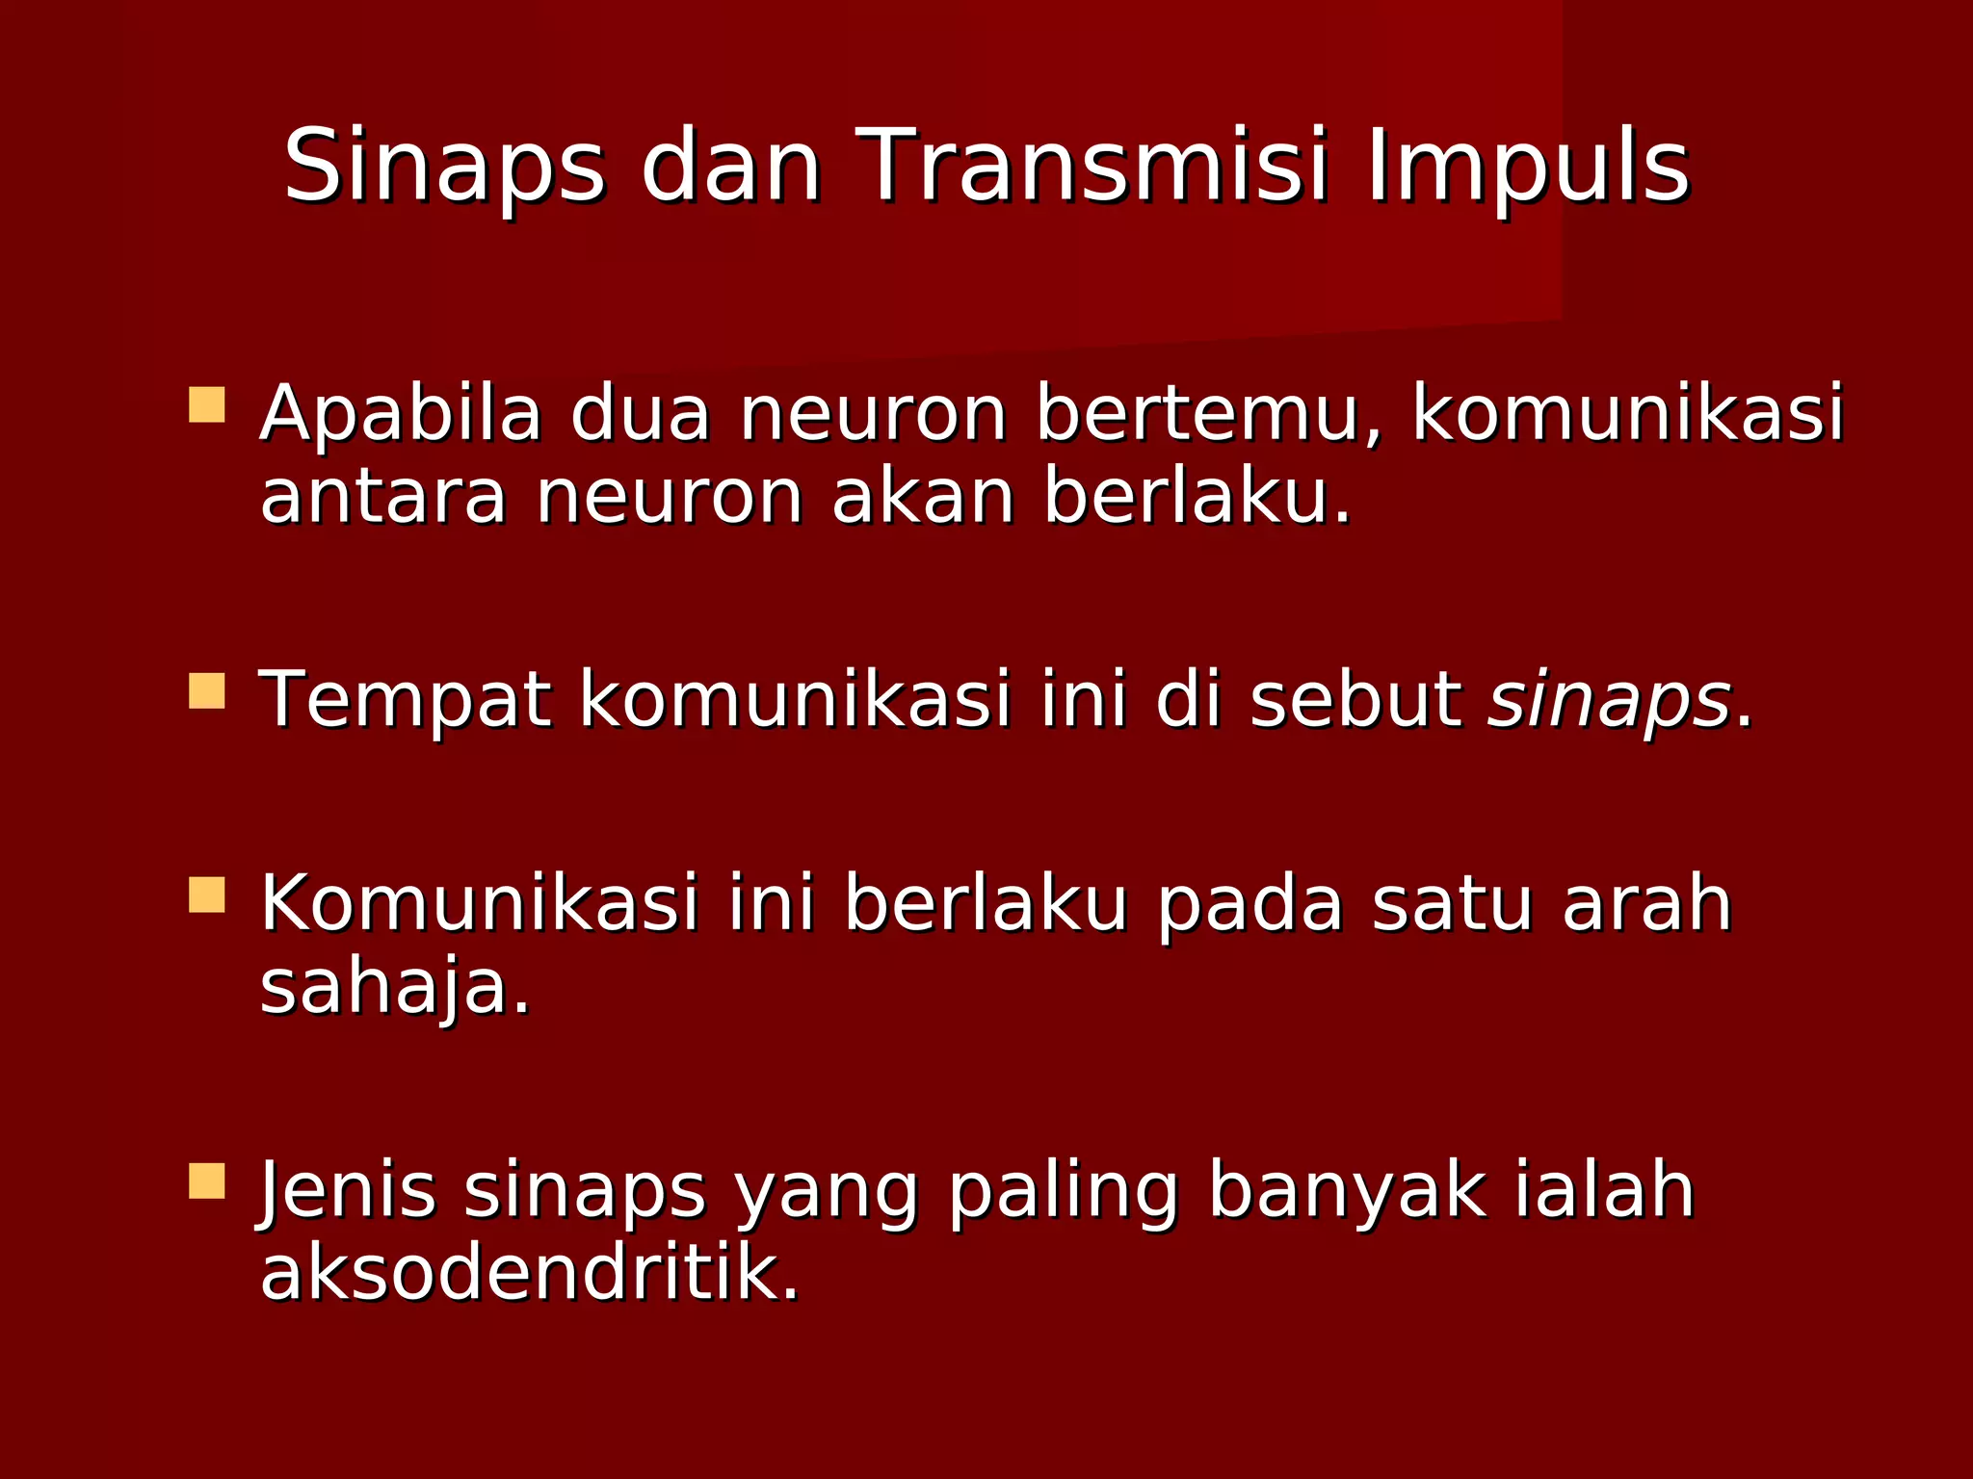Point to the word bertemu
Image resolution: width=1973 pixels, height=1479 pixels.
tap(1209, 415)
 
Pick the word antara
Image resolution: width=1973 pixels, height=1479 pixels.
tap(382, 498)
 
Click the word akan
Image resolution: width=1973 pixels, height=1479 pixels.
tap(923, 498)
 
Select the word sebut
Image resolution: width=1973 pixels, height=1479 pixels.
tap(1355, 699)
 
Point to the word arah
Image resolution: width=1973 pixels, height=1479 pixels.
tap(1647, 904)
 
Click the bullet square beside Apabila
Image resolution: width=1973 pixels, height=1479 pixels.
tap(207, 405)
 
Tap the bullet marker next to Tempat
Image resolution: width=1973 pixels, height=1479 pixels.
tap(207, 691)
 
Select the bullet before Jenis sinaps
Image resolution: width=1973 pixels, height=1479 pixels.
tap(207, 1181)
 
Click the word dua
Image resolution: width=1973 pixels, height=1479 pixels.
tap(640, 413)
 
